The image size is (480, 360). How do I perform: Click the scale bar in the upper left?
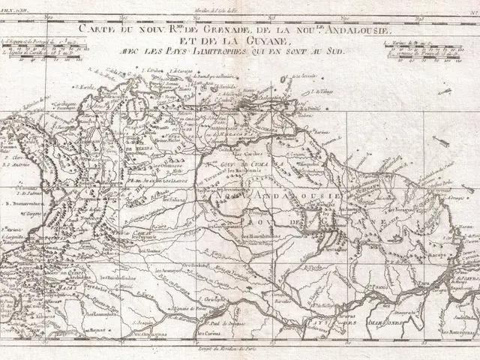coord(45,47)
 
